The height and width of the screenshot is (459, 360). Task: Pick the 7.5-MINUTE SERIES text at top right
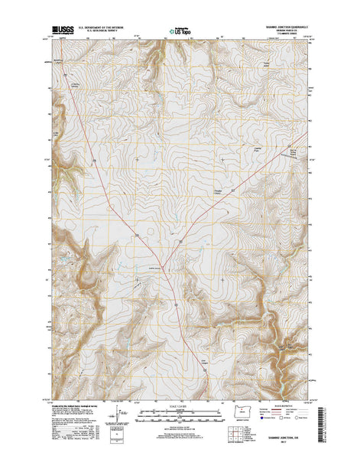[x=289, y=35]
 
